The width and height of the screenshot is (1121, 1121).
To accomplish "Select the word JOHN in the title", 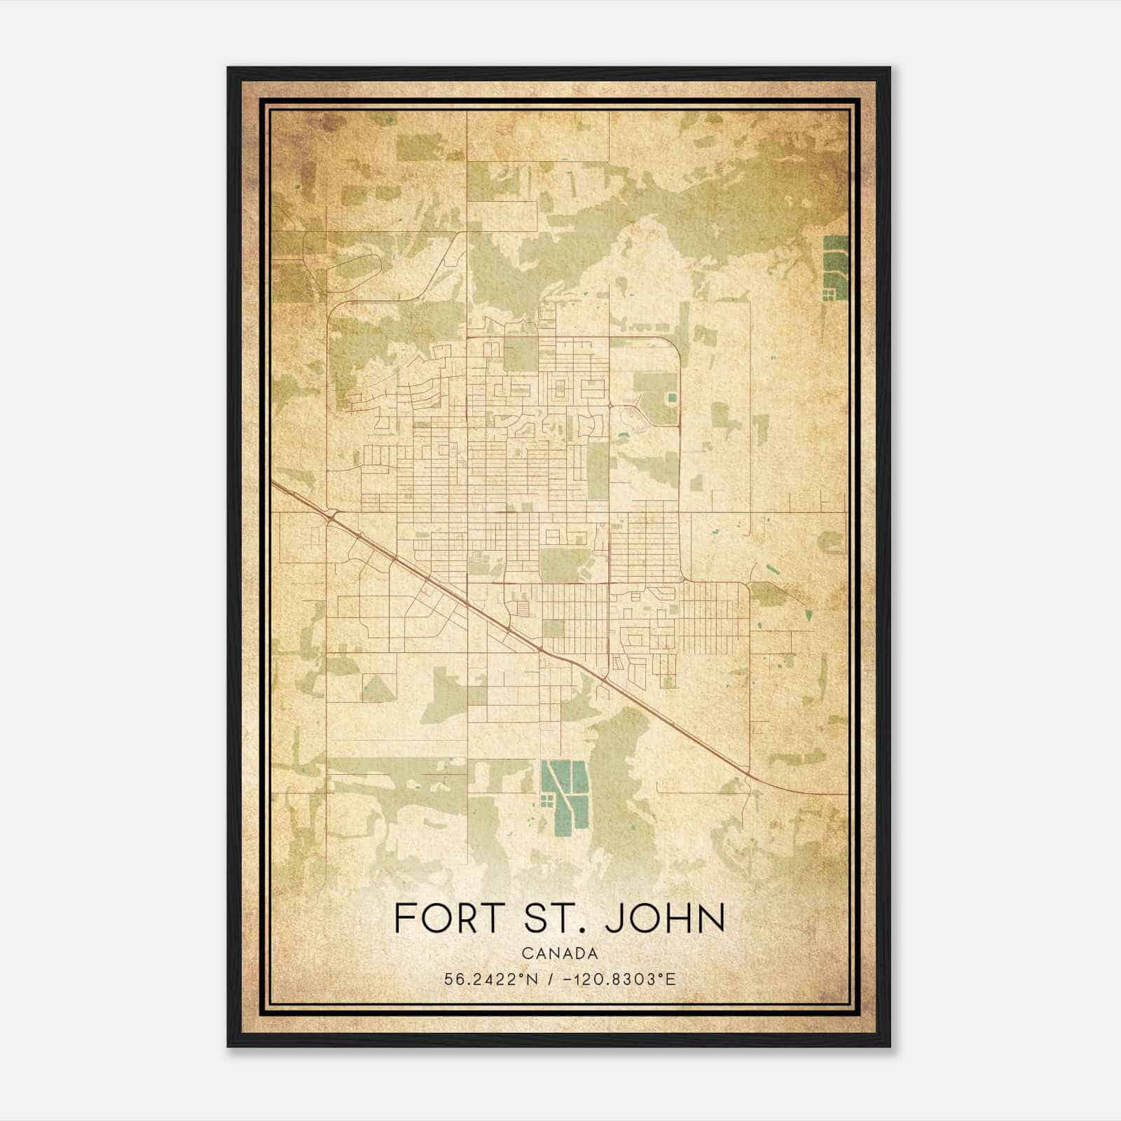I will pyautogui.click(x=665, y=919).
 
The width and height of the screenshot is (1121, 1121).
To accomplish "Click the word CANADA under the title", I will pyautogui.click(x=560, y=954).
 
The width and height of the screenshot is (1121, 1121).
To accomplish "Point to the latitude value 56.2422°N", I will pyautogui.click(x=491, y=979).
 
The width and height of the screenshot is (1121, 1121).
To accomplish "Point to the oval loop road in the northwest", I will pyautogui.click(x=354, y=273).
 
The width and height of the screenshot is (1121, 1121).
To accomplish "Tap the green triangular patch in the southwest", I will pyautogui.click(x=377, y=689).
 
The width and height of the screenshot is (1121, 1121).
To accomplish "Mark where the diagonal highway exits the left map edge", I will pyautogui.click(x=273, y=483).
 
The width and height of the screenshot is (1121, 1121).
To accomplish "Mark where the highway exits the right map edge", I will pyautogui.click(x=846, y=795).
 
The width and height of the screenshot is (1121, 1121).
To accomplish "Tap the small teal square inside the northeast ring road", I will pyautogui.click(x=672, y=397).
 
